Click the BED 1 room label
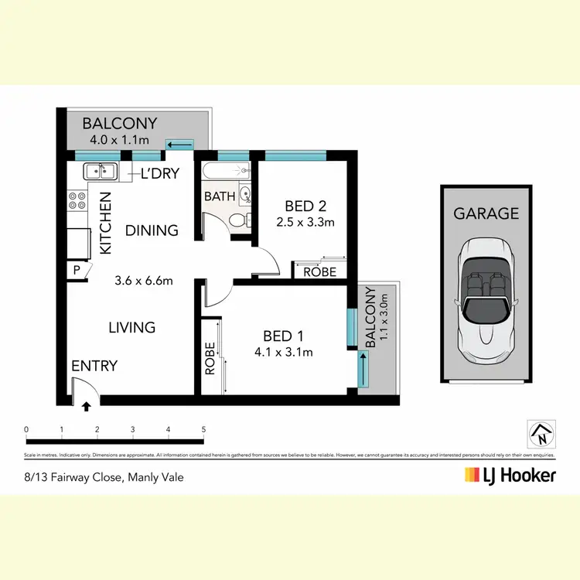pyautogui.click(x=282, y=336)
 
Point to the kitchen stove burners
pyautogui.click(x=77, y=201)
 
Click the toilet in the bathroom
pyautogui.click(x=241, y=220)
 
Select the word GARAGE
pyautogui.click(x=486, y=213)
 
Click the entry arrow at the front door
pyautogui.click(x=87, y=404)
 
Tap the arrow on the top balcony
pyautogui.click(x=180, y=144)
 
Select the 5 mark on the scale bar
pyautogui.click(x=203, y=428)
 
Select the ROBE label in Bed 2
pyautogui.click(x=319, y=272)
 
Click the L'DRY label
pyautogui.click(x=159, y=174)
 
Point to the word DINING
pyautogui.click(x=152, y=230)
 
